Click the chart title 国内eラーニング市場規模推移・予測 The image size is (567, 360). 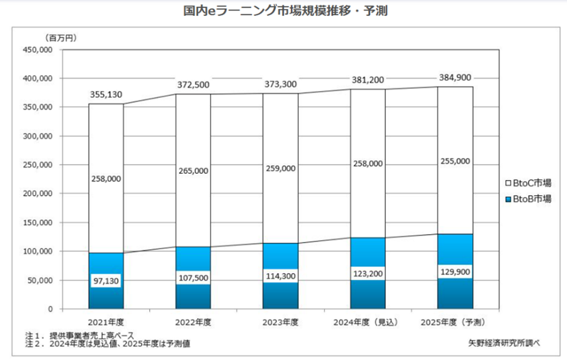pyautogui.click(x=282, y=12)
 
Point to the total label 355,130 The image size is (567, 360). pyautogui.click(x=106, y=94)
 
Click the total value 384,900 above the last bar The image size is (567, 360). pyautogui.click(x=454, y=77)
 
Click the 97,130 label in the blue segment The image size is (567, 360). pyautogui.click(x=106, y=281)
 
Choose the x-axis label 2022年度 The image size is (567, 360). pyautogui.click(x=193, y=321)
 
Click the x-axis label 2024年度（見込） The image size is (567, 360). pyautogui.click(x=367, y=321)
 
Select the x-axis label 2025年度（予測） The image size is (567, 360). pyautogui.click(x=454, y=321)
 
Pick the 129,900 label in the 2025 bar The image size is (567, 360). pyautogui.click(x=454, y=272)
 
